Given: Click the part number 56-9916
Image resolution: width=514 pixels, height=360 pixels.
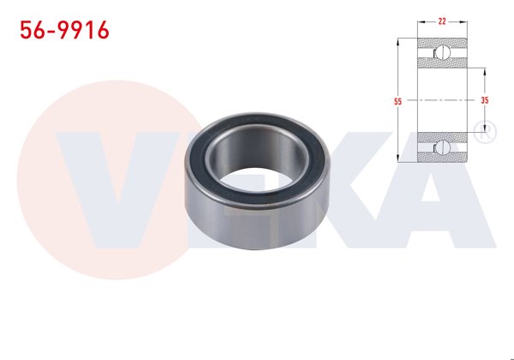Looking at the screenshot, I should [64, 31].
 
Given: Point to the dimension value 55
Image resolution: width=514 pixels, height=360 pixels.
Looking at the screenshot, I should [397, 101].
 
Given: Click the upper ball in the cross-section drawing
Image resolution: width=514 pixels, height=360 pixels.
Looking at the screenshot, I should [443, 53].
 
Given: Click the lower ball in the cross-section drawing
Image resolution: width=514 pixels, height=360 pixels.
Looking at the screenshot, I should [443, 147].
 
